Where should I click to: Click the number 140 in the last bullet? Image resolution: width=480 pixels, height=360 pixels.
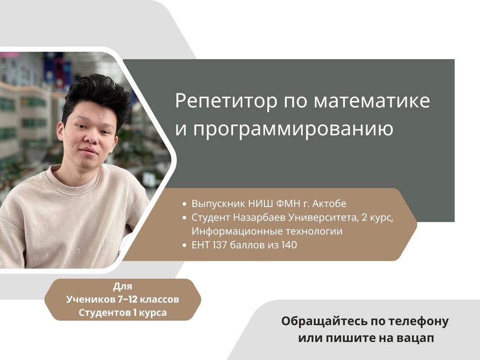coord(289,245)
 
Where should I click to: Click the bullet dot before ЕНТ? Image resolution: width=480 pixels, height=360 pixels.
coord(185,246)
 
